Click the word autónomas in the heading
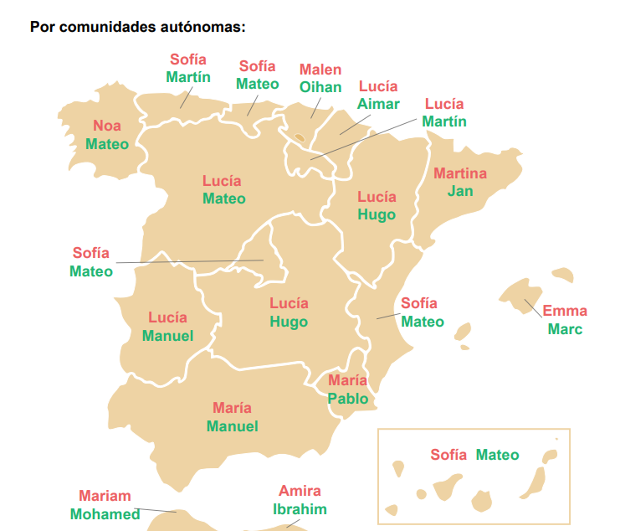click(206, 26)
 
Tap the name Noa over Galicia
click(107, 126)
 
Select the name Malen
click(320, 70)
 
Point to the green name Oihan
click(320, 87)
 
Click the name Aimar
click(378, 104)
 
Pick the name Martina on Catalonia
click(460, 173)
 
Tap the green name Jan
click(460, 191)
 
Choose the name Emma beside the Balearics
click(566, 311)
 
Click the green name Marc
click(566, 329)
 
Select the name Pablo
click(348, 399)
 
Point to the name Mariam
click(105, 496)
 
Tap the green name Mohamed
click(105, 514)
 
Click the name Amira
click(300, 491)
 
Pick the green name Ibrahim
click(300, 509)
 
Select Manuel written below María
click(233, 426)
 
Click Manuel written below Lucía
click(167, 336)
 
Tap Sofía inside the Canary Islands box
click(448, 455)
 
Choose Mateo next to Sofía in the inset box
click(498, 455)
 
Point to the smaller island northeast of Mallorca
click(561, 275)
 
